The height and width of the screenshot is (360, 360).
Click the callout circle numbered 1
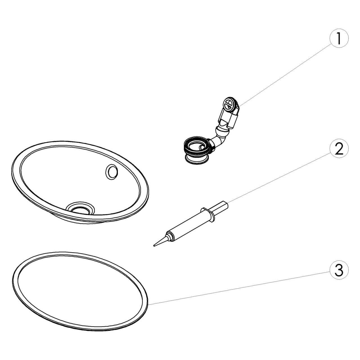point(339,38)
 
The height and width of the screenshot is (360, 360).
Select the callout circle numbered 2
point(339,148)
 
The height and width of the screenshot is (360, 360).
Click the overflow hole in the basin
point(112,172)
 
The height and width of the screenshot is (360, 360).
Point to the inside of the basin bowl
point(75,179)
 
